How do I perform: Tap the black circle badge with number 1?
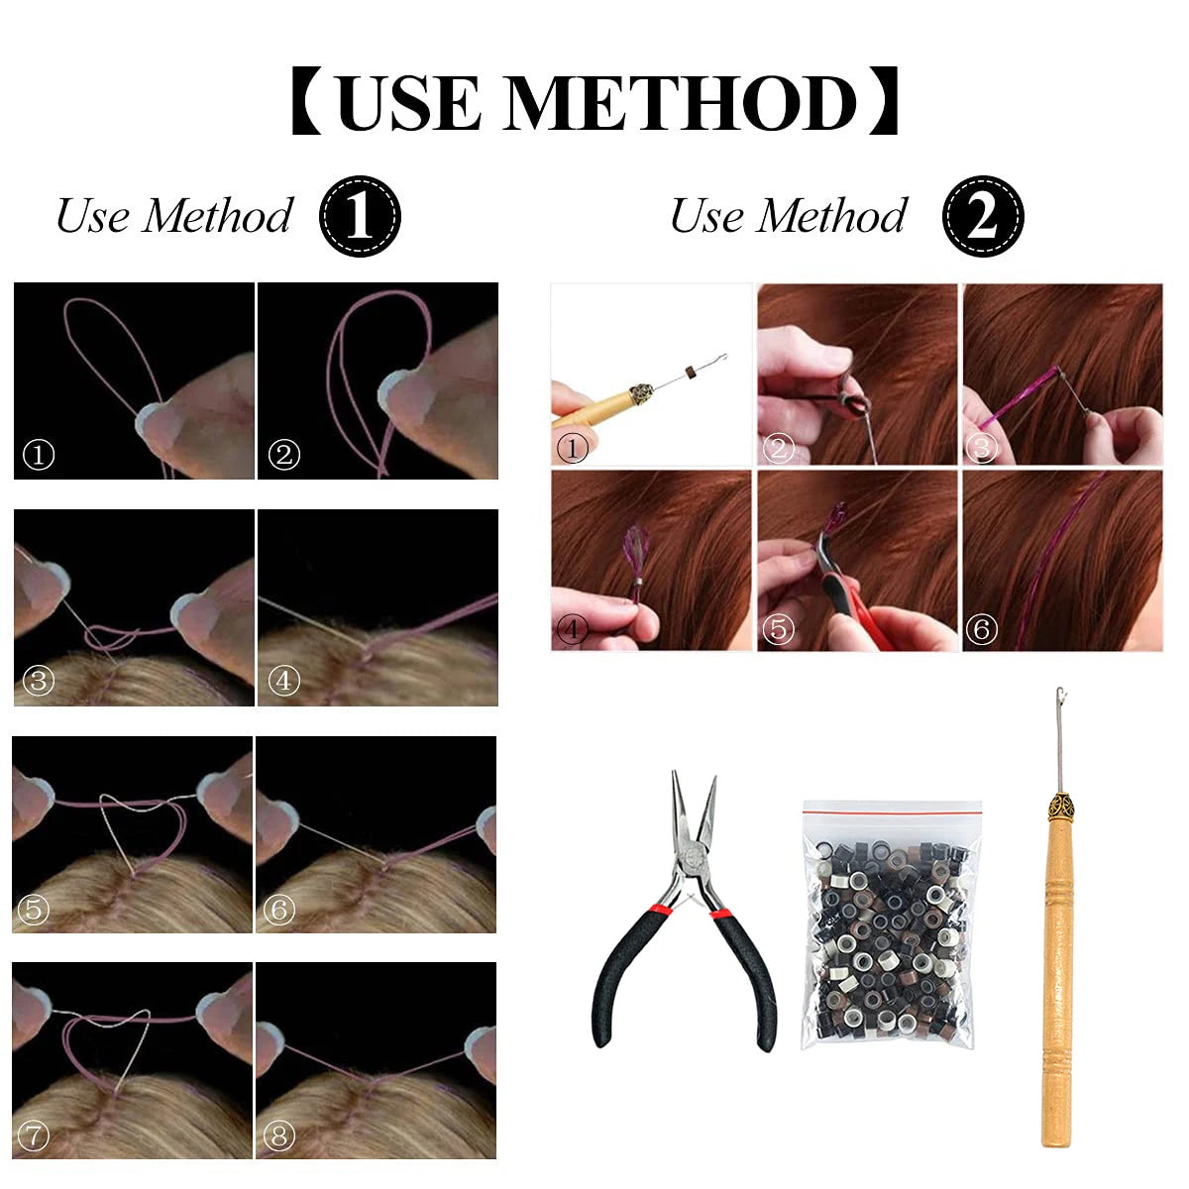pyautogui.click(x=360, y=216)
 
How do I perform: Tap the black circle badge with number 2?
pyautogui.click(x=983, y=216)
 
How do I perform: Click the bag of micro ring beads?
pyautogui.click(x=891, y=924)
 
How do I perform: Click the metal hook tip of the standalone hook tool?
pyautogui.click(x=1060, y=696)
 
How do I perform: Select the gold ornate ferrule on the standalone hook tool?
pyautogui.click(x=1060, y=804)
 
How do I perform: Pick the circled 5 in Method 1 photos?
pyautogui.click(x=34, y=910)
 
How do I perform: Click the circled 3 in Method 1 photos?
pyautogui.click(x=39, y=681)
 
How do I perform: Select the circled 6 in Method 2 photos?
pyautogui.click(x=981, y=629)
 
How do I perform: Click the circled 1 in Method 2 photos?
pyautogui.click(x=572, y=448)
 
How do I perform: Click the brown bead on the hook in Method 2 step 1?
pyautogui.click(x=691, y=373)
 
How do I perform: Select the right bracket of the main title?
pyautogui.click(x=883, y=102)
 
